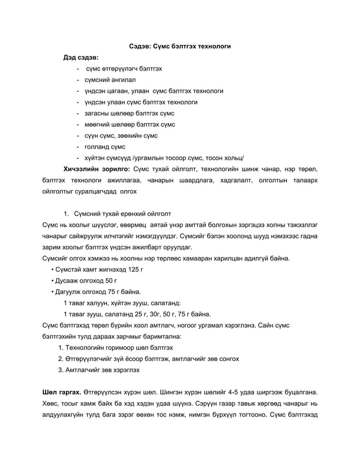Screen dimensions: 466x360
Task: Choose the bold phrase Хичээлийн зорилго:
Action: click(97, 169)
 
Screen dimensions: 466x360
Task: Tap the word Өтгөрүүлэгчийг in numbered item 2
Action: click(93, 358)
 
